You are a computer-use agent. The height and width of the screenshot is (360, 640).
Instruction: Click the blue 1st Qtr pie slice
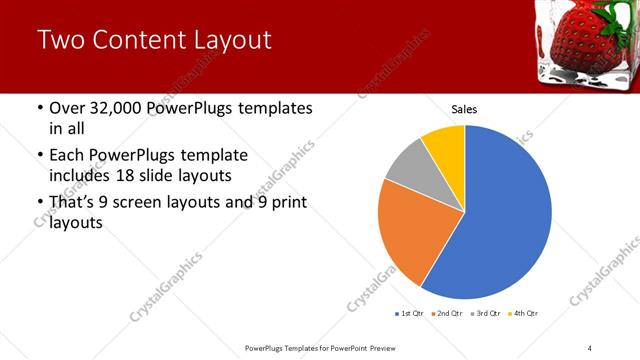coord(505,215)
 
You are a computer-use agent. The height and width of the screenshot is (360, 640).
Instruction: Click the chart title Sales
coord(464,108)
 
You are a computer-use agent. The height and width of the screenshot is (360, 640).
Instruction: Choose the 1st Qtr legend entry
coord(410,314)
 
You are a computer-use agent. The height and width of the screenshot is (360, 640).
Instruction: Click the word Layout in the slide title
coord(225,41)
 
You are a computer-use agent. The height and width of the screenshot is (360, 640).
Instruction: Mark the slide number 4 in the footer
coord(589,347)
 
